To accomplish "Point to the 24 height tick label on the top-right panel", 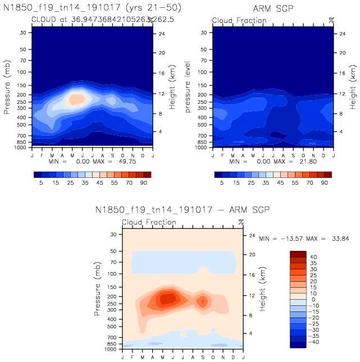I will coord(341,34).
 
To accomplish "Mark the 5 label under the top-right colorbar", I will coord(222,184).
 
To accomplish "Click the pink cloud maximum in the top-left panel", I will coord(77,98).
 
